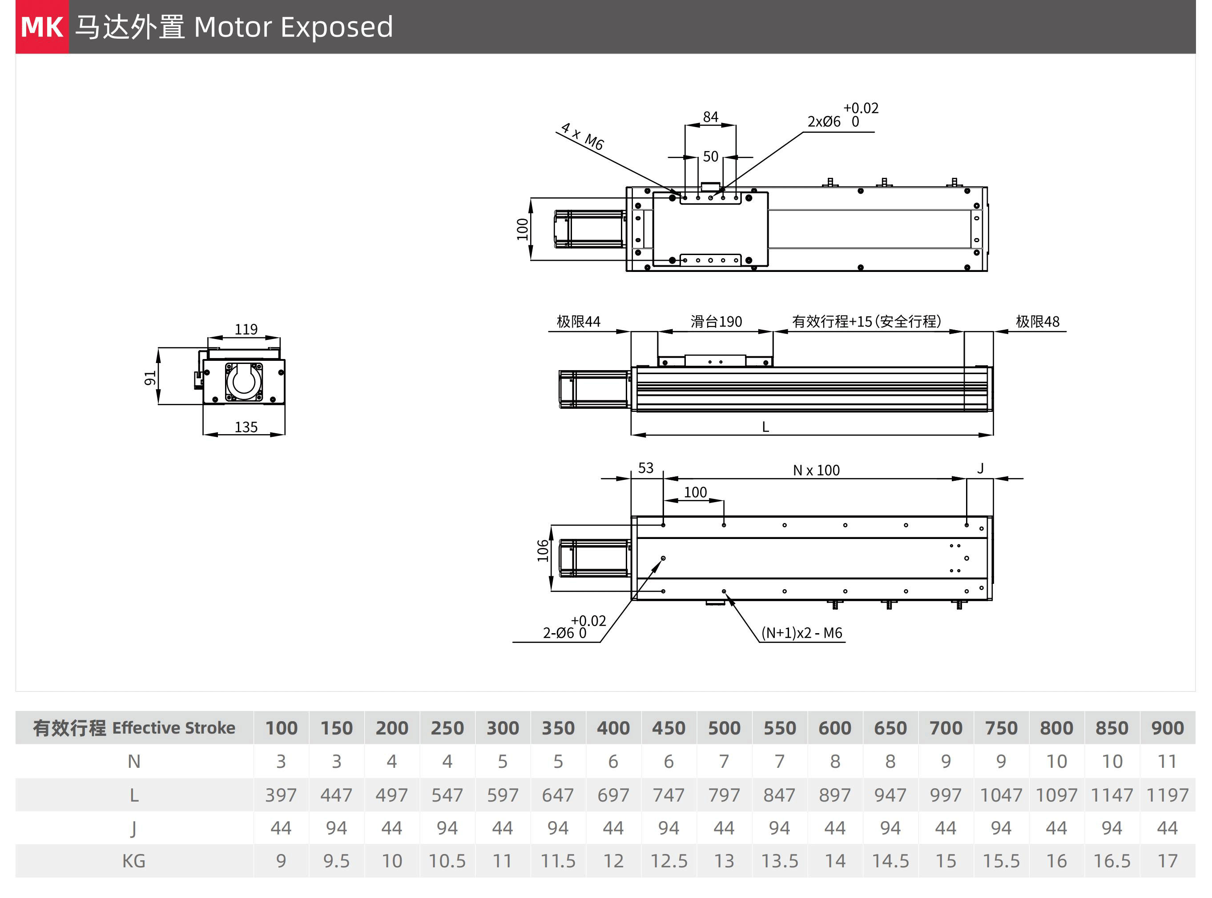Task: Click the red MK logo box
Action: coord(42,27)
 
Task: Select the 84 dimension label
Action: coord(710,117)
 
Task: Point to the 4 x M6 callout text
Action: coord(583,136)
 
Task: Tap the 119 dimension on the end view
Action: coord(246,329)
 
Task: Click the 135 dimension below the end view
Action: coord(246,427)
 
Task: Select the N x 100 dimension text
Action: coord(816,470)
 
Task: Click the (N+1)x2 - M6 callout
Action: coord(802,633)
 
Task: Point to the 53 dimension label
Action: coord(646,468)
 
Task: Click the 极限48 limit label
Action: coord(1037,322)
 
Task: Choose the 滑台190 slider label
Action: coord(716,322)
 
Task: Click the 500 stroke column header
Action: coord(724,728)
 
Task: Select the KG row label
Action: coord(134,861)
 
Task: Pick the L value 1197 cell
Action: coord(1168,795)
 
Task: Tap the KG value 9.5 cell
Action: coord(336,861)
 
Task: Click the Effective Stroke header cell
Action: coord(134,728)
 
